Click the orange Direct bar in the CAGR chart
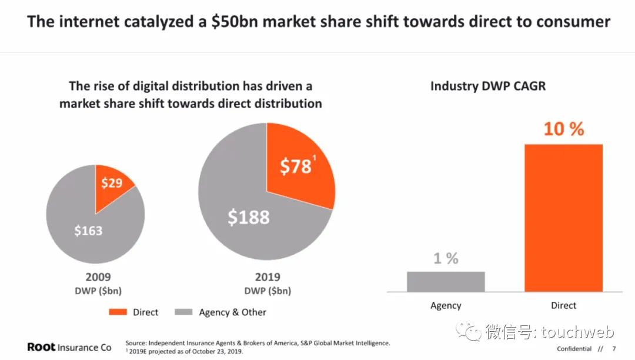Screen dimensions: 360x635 (x=563, y=218)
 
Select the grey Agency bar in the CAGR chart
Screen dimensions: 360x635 (x=446, y=281)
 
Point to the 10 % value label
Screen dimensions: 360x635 (x=563, y=129)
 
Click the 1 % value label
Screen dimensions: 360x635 (x=446, y=258)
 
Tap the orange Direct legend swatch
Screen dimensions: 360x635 (x=118, y=312)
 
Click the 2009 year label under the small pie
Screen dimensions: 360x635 (x=98, y=277)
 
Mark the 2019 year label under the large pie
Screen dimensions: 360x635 (x=268, y=277)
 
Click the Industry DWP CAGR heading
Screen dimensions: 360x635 (x=488, y=86)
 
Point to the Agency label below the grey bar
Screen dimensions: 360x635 (x=446, y=306)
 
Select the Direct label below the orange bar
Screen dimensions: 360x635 (x=563, y=306)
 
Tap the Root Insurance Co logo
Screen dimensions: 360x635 (x=69, y=347)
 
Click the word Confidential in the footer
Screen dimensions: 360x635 (x=574, y=348)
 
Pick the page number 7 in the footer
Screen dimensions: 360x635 (x=614, y=348)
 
